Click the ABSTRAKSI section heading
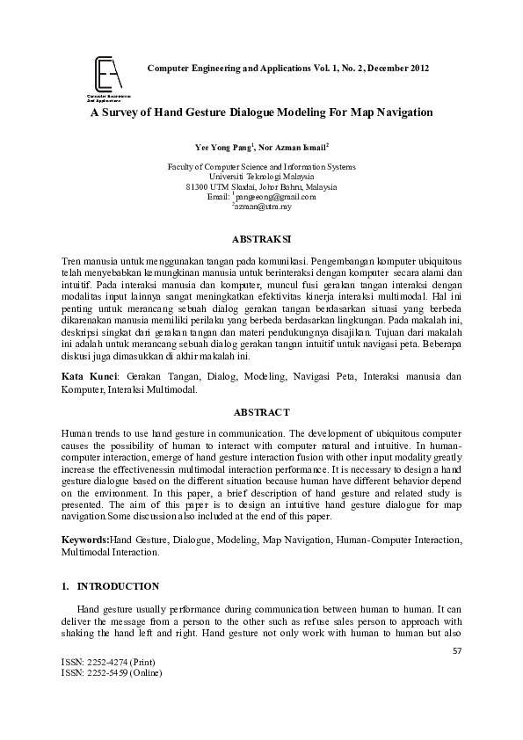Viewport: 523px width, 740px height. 261,238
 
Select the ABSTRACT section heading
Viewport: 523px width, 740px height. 261,411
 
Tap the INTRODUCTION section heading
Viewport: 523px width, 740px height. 118,586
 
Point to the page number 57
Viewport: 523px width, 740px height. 456,651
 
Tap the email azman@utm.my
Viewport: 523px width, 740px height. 263,207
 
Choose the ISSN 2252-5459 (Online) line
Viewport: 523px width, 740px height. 107,674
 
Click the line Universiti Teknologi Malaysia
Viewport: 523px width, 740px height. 261,177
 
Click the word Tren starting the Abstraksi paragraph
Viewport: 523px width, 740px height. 71,262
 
